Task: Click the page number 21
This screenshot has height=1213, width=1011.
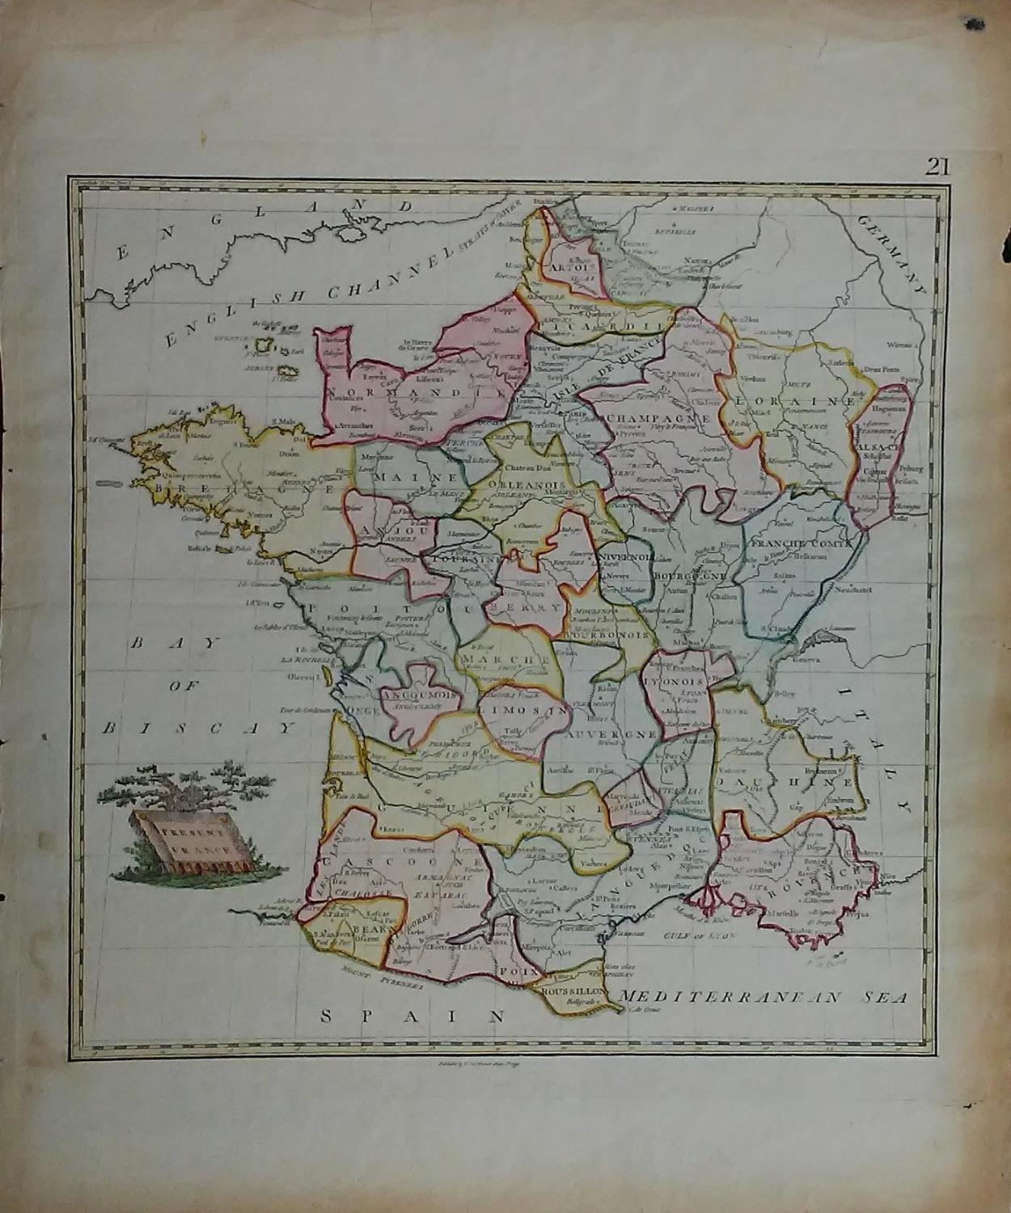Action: pos(937,167)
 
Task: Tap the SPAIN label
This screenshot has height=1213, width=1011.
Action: pos(412,1016)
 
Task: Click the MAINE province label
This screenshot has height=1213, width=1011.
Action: pos(405,478)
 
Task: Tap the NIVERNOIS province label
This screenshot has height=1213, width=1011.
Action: pos(627,558)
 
